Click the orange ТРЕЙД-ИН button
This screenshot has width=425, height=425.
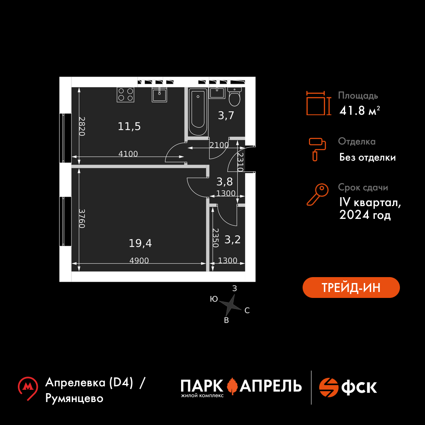coord(351,287)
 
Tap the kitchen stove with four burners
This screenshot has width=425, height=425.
coord(126,94)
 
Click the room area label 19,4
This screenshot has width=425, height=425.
coord(140,243)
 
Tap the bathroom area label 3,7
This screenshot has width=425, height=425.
coord(226,115)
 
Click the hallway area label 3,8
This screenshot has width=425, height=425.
coord(224,182)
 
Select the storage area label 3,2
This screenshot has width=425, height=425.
coord(232,240)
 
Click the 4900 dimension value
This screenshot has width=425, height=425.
coord(139,261)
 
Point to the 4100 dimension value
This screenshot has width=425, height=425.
coord(128,154)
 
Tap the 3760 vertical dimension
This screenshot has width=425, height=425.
coord(82,218)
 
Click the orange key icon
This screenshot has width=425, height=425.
coord(317,195)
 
